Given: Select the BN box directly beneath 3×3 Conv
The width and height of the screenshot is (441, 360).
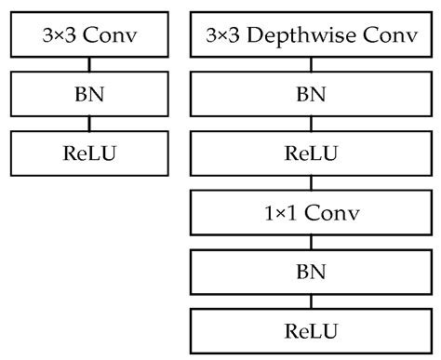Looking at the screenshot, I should [x=89, y=94].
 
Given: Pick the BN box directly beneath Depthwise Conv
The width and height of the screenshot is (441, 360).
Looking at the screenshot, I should [x=311, y=94].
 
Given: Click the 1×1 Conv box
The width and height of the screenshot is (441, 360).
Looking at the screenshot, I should [x=311, y=213].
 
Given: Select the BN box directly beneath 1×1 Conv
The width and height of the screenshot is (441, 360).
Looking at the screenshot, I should [x=311, y=273].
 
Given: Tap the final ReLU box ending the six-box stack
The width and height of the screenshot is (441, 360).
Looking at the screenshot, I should [x=311, y=331].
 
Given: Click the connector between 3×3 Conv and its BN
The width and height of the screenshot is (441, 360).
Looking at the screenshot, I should [x=89, y=66].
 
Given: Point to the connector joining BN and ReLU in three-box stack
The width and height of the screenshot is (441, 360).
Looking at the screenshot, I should [x=89, y=122].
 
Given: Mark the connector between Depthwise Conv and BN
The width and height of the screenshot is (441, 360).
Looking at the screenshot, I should [x=311, y=66].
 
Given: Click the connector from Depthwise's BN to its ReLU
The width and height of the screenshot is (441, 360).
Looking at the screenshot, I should [x=311, y=122].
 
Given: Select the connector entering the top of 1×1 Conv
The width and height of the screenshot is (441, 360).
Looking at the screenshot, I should [x=311, y=181].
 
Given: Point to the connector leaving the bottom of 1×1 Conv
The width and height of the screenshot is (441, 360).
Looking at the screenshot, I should [x=311, y=243].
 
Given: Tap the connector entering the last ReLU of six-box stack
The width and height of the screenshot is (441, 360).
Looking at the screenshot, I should [x=311, y=302].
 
